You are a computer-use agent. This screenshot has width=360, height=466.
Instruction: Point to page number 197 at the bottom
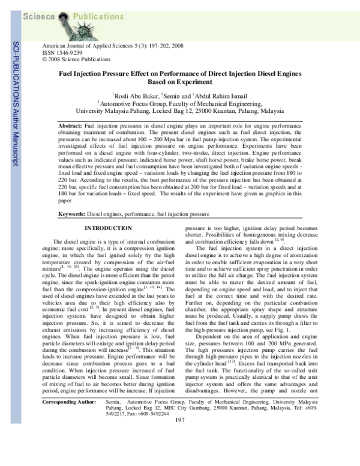pos(179,453)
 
